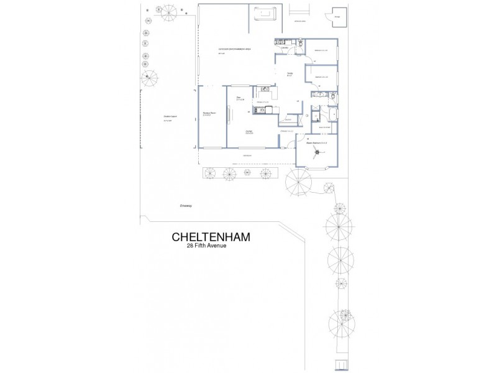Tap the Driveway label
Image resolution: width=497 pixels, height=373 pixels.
point(186,205)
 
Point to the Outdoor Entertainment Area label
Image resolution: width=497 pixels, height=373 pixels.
point(234,49)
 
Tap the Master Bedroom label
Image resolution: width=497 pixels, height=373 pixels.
point(316,144)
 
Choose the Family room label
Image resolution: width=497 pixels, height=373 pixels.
point(290,75)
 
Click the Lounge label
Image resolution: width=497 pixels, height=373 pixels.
point(248,132)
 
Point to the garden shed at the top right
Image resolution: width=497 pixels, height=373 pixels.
point(339,19)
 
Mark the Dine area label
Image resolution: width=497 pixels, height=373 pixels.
point(239,98)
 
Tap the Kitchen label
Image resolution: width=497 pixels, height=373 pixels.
point(262,102)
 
